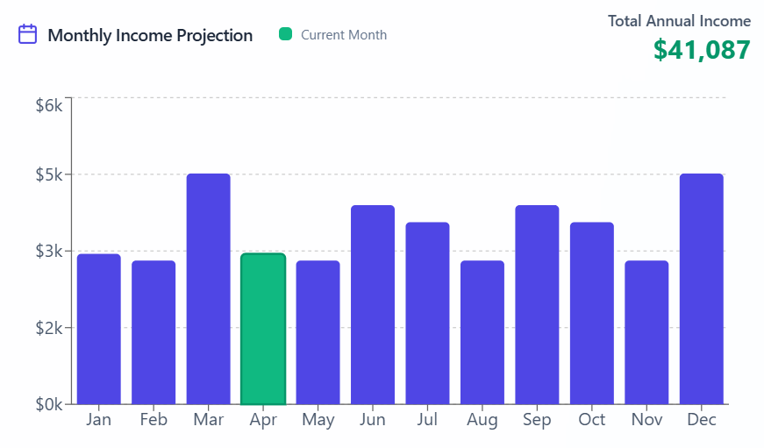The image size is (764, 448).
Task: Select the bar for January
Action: [x=99, y=329]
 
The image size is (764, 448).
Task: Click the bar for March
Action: [x=209, y=289]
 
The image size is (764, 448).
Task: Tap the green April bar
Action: [x=263, y=329]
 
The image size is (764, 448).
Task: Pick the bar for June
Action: [x=373, y=305]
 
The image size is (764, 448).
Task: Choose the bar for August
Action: [x=482, y=332]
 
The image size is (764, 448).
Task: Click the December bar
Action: [x=702, y=289]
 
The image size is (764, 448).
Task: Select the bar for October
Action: [x=592, y=313]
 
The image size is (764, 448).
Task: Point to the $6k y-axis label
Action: [x=49, y=105]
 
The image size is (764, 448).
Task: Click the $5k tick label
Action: [x=49, y=174]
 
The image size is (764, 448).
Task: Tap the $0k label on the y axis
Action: [x=49, y=405]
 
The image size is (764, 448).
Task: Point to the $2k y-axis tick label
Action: [x=49, y=328]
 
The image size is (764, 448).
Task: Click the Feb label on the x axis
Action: [x=154, y=420]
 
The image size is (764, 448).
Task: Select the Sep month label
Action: [x=537, y=420]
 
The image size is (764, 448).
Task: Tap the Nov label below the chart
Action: [x=646, y=420]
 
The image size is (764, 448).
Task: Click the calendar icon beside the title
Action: [x=28, y=34]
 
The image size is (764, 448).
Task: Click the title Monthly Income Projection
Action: [x=150, y=35]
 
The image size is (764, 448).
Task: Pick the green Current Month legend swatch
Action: [x=285, y=34]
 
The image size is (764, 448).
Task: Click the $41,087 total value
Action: [x=702, y=50]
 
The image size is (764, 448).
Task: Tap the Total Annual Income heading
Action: [x=680, y=21]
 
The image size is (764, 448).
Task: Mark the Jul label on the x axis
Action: [x=427, y=420]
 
